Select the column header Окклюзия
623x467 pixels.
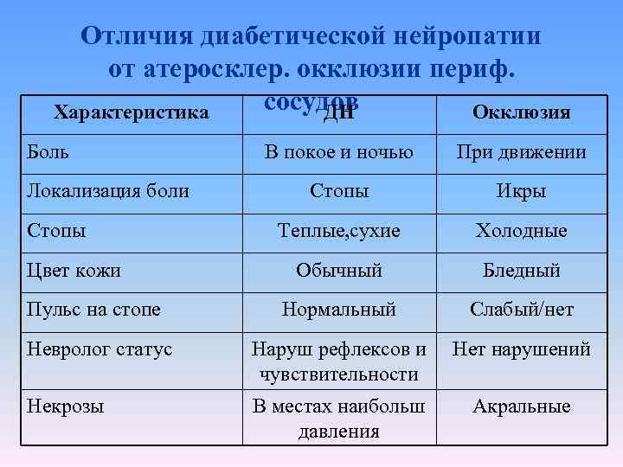pos(521,112)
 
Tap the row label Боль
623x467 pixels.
pos(48,152)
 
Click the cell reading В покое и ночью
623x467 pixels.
pos(338,153)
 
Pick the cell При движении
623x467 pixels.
pos(521,153)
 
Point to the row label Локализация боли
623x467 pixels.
pos(108,190)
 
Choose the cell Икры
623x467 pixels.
pos(521,191)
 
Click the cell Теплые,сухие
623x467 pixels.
pos(338,231)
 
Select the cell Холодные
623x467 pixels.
pos(521,231)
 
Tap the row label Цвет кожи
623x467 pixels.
pos(74,270)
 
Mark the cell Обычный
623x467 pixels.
pos(338,271)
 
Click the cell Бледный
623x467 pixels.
pos(521,271)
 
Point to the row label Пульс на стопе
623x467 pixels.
pos(93,309)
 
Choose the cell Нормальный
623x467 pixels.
pos(338,310)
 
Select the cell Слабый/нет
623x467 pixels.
pos(521,310)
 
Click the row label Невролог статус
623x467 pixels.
pos(100,349)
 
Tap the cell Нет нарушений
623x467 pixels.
pos(521,349)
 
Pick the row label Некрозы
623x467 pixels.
pos(66,406)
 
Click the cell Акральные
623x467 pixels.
pos(521,406)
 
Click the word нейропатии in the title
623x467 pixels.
pos(468,36)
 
